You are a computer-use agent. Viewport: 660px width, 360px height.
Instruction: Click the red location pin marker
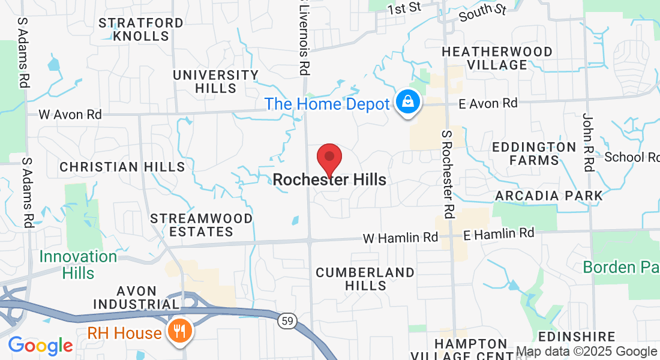point(329,158)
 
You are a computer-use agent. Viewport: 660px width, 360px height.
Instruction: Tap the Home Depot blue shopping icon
point(408,102)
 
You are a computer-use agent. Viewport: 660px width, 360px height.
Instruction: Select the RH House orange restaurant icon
point(179,332)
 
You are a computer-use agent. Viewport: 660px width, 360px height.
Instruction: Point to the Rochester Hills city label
point(329,179)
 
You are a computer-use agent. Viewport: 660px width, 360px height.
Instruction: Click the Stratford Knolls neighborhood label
point(141,29)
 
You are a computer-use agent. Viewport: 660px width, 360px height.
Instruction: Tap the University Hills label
point(215,82)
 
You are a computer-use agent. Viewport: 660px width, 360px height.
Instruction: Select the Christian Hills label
point(122,167)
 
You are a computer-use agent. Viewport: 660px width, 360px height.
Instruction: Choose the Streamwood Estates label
point(201,224)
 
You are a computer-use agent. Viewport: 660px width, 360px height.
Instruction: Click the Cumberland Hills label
point(365,278)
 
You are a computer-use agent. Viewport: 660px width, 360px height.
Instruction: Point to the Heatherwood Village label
point(497,58)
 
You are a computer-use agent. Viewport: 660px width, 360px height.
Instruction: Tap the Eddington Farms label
point(534,154)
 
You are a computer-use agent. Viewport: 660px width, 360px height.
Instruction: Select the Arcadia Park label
point(549,196)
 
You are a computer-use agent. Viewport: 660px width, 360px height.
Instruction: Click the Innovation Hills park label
point(78,265)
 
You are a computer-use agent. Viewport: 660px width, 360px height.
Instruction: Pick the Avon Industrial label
point(137,297)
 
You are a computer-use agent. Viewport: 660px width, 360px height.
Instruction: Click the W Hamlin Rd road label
point(400,238)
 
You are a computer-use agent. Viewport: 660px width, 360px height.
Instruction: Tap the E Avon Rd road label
point(488,104)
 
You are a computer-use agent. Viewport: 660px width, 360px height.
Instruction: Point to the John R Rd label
point(587,142)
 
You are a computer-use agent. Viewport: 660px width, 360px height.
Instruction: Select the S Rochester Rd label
point(447,174)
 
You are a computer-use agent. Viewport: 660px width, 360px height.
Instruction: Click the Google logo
point(40,345)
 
